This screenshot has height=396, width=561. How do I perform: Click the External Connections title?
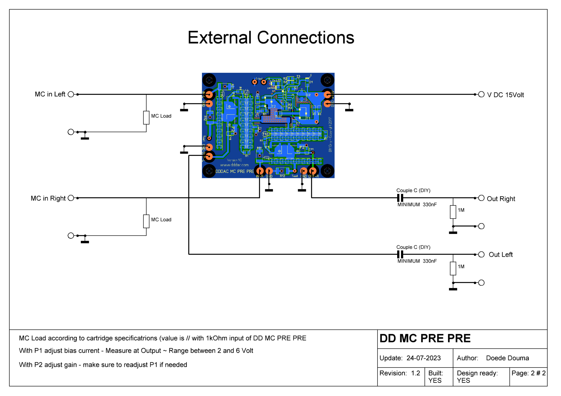pos(271,37)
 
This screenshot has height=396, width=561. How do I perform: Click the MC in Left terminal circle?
pos(71,94)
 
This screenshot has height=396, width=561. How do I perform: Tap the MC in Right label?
pos(48,198)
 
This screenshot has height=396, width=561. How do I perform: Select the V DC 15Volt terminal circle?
pos(481,94)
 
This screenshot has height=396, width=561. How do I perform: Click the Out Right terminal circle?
pos(481,198)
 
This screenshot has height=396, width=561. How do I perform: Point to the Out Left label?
pos(500,255)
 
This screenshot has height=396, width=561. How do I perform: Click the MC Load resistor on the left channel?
pos(146,118)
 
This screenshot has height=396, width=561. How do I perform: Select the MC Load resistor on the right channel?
pos(146,221)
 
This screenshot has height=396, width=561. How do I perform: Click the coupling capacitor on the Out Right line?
pos(400,198)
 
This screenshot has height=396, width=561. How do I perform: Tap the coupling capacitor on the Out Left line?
pos(400,254)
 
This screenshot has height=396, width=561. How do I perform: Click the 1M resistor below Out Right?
pos(453,212)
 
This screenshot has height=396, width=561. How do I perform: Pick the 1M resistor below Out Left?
pos(453,268)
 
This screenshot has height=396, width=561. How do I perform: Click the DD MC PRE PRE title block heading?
pos(425,339)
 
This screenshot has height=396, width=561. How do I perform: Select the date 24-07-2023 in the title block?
pos(423,358)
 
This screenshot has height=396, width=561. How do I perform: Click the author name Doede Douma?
pos(507,358)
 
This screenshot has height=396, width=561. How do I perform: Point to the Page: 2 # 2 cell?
pos(528,373)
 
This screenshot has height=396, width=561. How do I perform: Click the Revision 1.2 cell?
pos(400,373)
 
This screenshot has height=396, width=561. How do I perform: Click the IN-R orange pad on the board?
pos(260,171)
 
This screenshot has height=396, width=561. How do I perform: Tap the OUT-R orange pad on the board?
pos(313,171)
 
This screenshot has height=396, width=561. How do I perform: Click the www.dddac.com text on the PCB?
pos(234,165)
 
